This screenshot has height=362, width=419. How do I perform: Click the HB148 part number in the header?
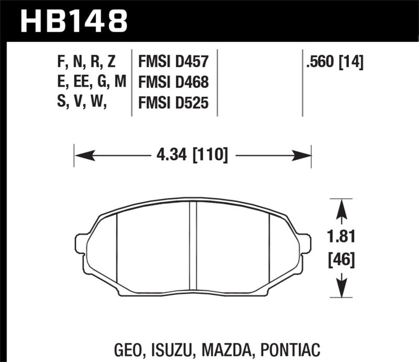(x=74, y=21)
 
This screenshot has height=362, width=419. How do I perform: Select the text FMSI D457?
(x=173, y=63)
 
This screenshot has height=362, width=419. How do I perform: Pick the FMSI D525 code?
(x=173, y=104)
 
